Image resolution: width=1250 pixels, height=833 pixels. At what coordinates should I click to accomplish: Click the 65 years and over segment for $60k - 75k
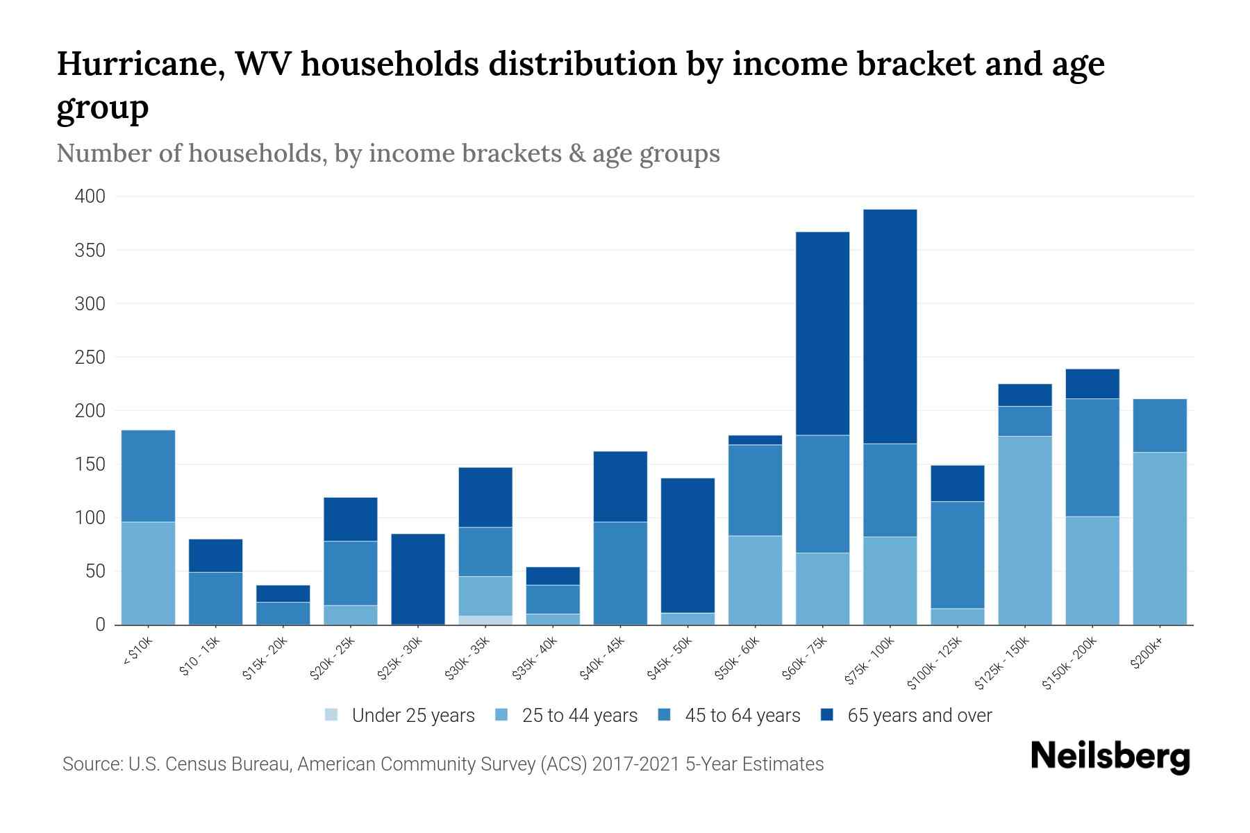tap(822, 333)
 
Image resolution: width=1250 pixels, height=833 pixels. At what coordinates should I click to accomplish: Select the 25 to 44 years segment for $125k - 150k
tap(1024, 530)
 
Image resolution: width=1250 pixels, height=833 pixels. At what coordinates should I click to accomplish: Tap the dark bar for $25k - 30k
tap(418, 579)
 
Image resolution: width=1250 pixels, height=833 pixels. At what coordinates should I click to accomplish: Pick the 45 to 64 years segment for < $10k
tap(148, 476)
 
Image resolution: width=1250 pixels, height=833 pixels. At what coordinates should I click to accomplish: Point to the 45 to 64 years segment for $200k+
tap(1159, 426)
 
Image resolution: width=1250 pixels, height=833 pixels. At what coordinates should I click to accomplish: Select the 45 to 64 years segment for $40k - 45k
tap(620, 573)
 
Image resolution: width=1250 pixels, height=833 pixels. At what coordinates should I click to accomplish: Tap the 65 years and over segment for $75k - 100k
tap(890, 326)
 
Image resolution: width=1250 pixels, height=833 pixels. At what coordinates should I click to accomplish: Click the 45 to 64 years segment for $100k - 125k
tap(957, 555)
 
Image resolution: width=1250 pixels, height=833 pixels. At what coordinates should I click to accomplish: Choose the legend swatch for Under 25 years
tap(332, 715)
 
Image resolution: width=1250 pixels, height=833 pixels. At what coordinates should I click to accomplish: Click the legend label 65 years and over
tap(919, 716)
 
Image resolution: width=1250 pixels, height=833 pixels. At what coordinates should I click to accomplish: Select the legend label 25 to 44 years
tap(579, 716)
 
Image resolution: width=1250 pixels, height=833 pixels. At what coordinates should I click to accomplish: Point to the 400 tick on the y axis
tap(90, 196)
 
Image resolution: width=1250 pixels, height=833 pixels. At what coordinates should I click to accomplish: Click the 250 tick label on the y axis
tap(90, 357)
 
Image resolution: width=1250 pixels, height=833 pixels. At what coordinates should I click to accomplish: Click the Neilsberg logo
tap(1110, 756)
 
